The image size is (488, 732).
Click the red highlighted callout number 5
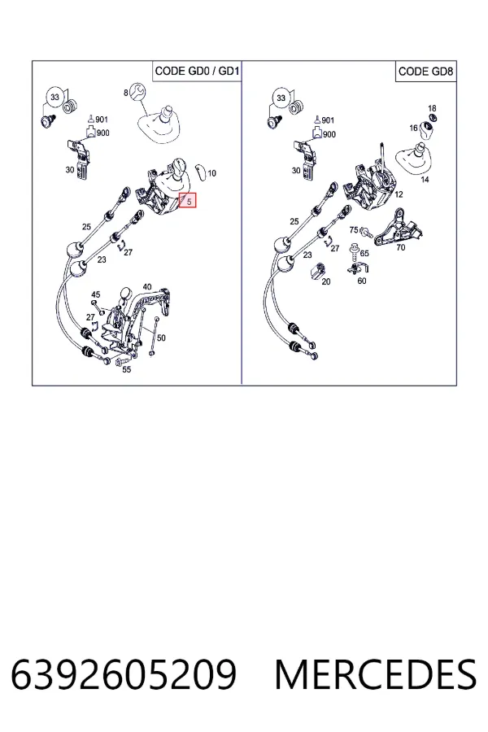[188, 201]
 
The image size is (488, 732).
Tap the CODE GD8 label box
[425, 72]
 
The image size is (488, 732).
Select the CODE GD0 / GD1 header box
[197, 71]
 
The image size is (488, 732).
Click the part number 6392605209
[124, 674]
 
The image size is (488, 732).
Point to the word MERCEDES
[376, 674]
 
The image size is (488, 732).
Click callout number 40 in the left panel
[147, 286]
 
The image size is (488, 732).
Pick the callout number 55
[127, 369]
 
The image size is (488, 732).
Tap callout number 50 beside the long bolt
[161, 338]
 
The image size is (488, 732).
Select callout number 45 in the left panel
[95, 294]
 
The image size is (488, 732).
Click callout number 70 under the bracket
[401, 247]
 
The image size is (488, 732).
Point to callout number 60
[362, 281]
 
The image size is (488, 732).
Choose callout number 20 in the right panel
[326, 281]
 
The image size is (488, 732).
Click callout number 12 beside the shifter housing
[399, 194]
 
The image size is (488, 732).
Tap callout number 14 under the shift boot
[425, 179]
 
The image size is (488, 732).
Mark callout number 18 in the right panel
[432, 108]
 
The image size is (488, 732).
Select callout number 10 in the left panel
[212, 173]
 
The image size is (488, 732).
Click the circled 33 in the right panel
[281, 98]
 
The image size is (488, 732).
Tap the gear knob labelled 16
[427, 131]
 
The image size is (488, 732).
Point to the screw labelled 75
[367, 231]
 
